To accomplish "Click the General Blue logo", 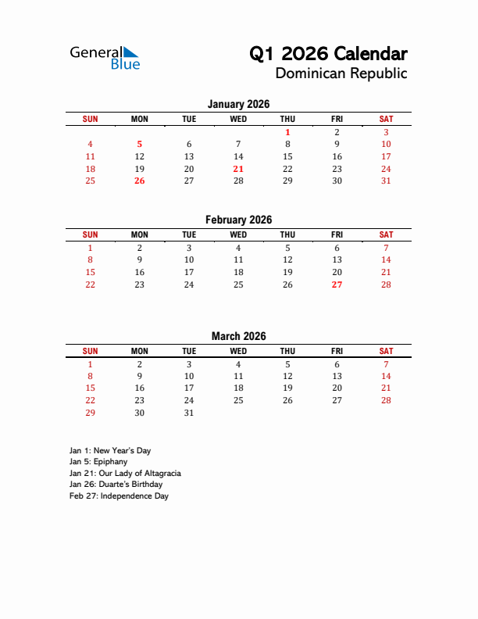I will (105, 58).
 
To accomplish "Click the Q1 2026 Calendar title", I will (328, 54).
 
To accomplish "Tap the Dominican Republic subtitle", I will (341, 74).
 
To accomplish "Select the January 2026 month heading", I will (238, 104).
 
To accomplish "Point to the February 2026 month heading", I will (238, 220).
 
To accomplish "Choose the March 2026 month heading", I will (238, 336).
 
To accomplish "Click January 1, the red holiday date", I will (287, 132).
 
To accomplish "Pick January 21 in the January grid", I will (238, 169).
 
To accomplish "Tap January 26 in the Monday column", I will (139, 181).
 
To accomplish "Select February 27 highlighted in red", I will (337, 284).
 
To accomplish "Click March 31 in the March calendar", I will (189, 413).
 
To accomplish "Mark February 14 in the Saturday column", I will (386, 259).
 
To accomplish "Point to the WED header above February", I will (238, 234).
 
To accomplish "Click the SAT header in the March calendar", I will (386, 351).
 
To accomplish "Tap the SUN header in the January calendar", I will (90, 119).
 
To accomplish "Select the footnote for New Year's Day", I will (109, 451).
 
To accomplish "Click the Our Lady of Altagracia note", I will (125, 474).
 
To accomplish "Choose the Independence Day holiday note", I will (119, 496).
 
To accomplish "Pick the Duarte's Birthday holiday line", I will (116, 485).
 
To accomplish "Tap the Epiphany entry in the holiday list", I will (98, 462).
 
